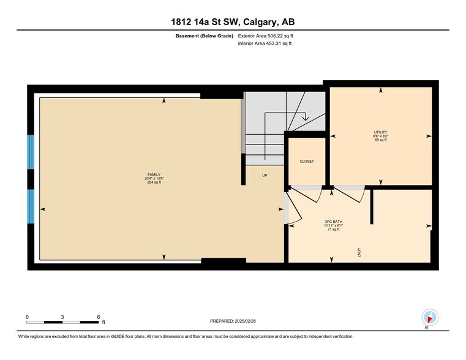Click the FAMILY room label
coord(145,174)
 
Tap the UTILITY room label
coord(380,132)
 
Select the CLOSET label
coord(306,162)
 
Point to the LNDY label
coord(358,251)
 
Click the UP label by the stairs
coord(265,175)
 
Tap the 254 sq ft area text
coord(145,182)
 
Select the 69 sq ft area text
coord(380,140)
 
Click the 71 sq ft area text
coord(333,229)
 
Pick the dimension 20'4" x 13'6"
coord(145,179)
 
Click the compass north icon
coord(430,318)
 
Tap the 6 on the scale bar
coord(99,317)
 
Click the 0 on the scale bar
coord(28,317)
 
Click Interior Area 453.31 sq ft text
coord(265,44)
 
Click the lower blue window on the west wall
coord(31,206)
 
